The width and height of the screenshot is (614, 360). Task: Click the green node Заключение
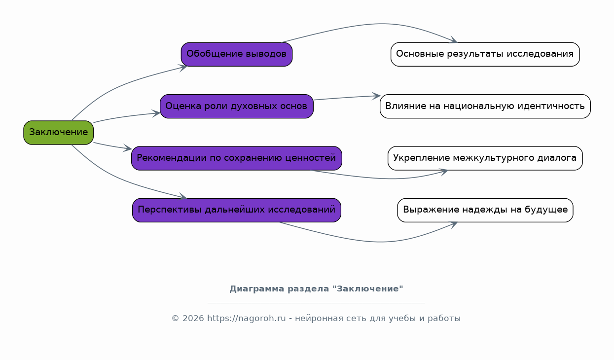click(x=58, y=133)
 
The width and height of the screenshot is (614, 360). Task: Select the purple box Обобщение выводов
click(x=236, y=54)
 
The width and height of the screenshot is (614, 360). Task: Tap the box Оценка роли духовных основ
click(x=236, y=106)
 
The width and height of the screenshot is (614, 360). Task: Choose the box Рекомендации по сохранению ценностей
click(x=236, y=158)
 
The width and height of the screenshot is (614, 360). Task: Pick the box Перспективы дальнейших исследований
click(x=236, y=210)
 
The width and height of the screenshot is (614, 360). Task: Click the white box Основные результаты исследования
click(x=485, y=54)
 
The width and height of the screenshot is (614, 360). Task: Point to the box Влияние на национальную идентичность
click(x=485, y=106)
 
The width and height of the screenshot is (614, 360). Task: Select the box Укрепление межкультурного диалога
click(x=485, y=158)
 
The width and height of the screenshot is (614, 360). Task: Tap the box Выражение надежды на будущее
click(x=485, y=210)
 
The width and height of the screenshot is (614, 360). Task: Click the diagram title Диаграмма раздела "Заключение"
click(x=316, y=289)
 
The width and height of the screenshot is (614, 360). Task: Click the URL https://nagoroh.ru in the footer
click(x=246, y=319)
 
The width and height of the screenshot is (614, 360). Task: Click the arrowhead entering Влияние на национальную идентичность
click(x=376, y=96)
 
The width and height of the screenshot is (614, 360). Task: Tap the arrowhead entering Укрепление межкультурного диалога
click(x=444, y=172)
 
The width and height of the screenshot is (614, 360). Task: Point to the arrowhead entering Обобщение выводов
click(x=183, y=67)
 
